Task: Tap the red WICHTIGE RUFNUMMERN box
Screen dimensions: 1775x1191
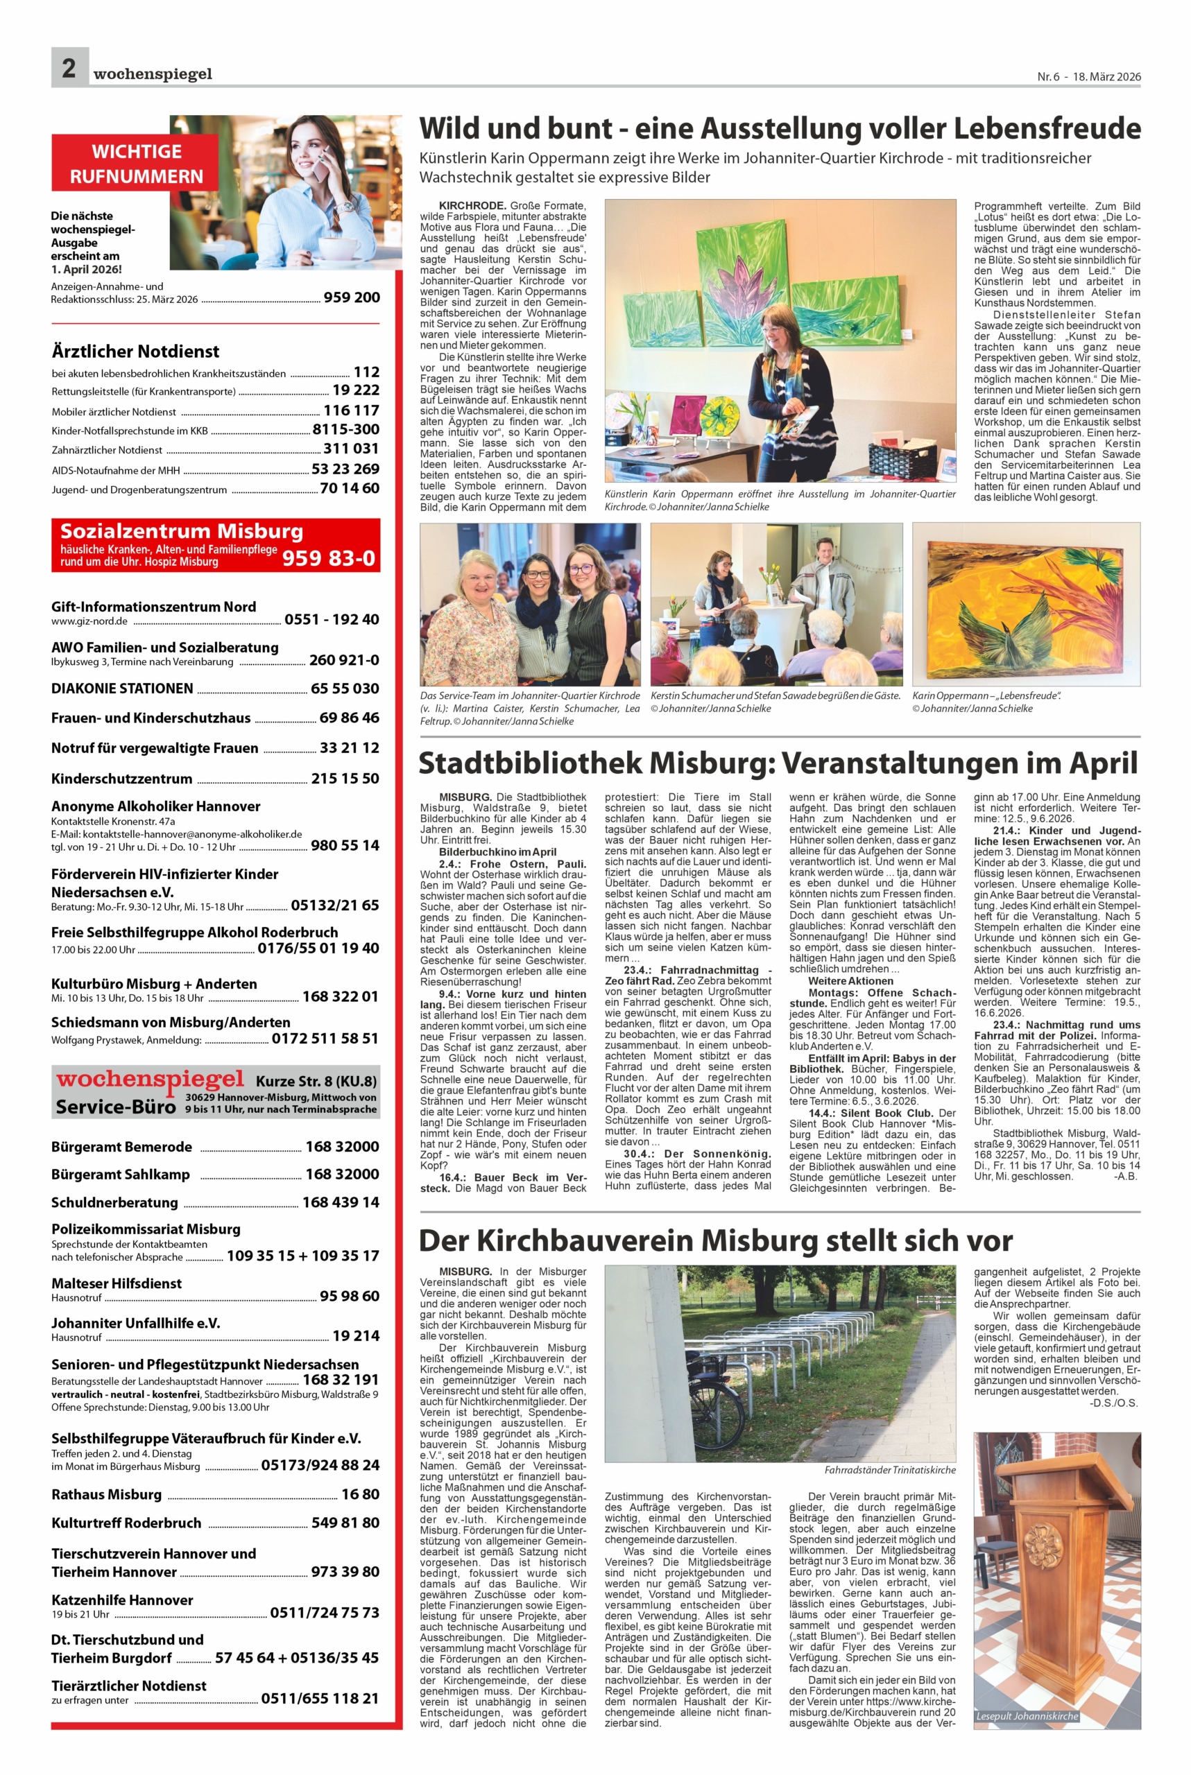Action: point(137,163)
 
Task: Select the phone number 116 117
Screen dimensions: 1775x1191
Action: point(351,410)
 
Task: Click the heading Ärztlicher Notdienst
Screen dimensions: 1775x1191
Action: point(135,352)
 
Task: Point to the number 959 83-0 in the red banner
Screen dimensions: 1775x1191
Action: point(328,559)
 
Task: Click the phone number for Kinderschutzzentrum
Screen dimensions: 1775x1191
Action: point(345,778)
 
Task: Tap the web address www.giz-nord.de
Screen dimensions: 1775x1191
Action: point(89,621)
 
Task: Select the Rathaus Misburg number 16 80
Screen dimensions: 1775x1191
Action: point(360,1494)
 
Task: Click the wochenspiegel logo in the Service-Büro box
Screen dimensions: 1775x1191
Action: point(151,1080)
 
